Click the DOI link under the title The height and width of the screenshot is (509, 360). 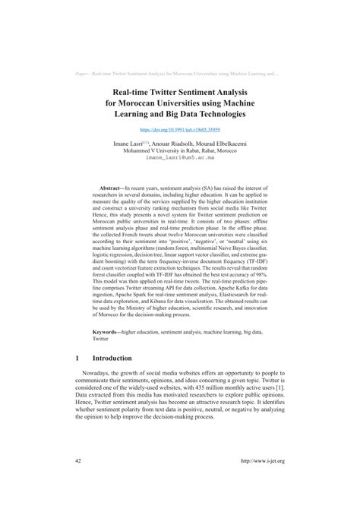tap(180, 131)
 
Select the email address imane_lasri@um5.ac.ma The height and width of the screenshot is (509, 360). tap(180, 157)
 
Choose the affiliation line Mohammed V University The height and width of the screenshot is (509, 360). tap(180, 150)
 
